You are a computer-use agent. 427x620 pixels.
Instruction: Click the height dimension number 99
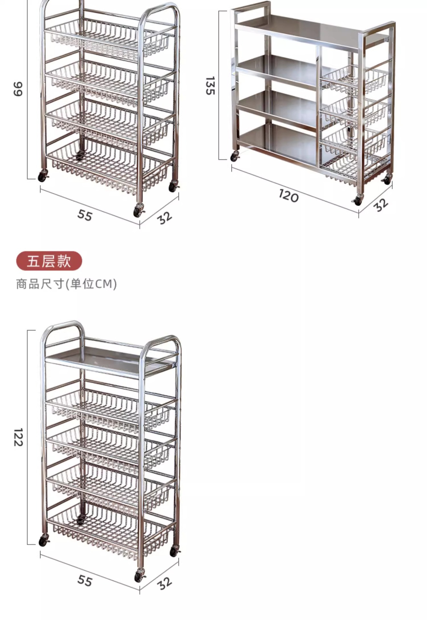[x=18, y=89]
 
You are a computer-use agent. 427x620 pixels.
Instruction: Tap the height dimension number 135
[x=210, y=86]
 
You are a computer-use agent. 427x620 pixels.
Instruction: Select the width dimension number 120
[x=288, y=196]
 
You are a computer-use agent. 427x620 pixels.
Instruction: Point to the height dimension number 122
[x=18, y=437]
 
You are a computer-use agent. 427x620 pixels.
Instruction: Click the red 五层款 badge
[x=49, y=261]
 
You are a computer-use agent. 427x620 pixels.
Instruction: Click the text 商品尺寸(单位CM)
[x=66, y=284]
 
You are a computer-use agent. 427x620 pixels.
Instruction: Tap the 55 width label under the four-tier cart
[x=85, y=215]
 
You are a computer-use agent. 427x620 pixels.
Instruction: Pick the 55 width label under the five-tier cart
[x=85, y=581]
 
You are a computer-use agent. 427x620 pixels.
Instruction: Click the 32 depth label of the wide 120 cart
[x=381, y=205]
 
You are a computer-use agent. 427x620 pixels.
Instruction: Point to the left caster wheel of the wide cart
[x=234, y=157]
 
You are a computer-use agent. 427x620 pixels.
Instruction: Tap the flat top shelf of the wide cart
[x=307, y=29]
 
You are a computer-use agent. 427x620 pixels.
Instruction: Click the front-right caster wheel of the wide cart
[x=357, y=201]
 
